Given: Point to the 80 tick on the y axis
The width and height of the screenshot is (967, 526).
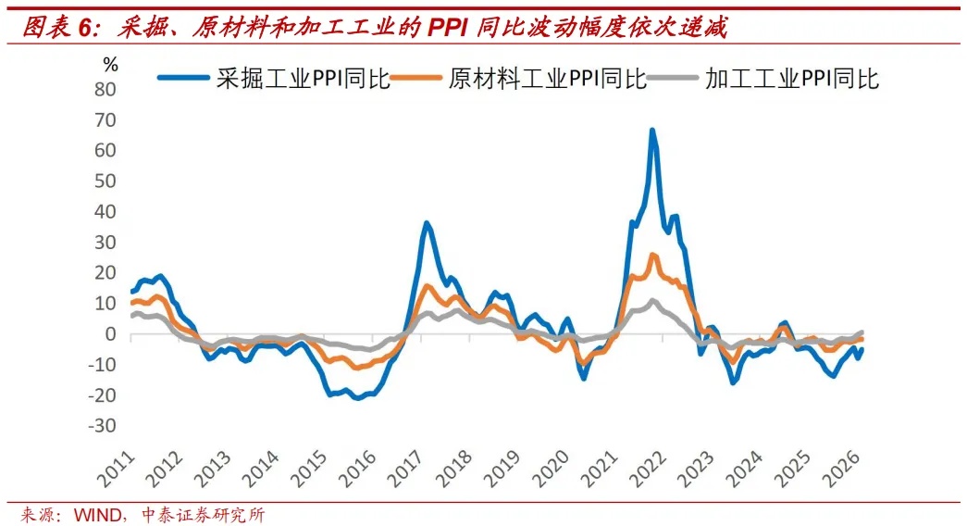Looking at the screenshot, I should [109, 90].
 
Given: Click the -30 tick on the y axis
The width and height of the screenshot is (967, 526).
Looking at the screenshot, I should [105, 426].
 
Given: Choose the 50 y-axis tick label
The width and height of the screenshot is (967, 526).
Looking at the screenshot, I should [109, 182].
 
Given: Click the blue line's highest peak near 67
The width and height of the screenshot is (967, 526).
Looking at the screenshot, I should [652, 130].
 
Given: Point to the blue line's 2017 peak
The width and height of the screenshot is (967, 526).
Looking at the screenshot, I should [426, 222].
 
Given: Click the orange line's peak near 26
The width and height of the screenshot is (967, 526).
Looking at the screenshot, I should [653, 255].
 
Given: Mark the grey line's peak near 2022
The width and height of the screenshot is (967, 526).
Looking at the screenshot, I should [653, 300].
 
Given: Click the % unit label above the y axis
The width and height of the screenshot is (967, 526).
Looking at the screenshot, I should [110, 65].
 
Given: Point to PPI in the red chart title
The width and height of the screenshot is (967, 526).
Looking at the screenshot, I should [450, 28].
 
